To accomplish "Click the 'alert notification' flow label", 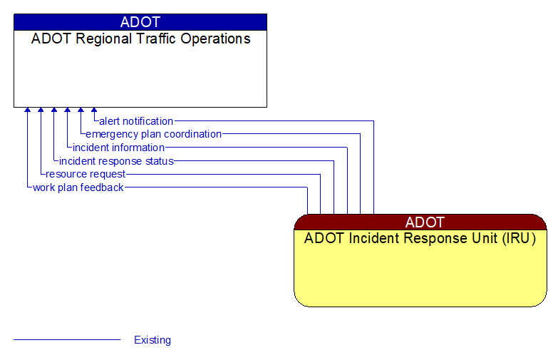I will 136,121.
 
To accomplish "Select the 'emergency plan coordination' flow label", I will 153,134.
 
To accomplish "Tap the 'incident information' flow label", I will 118,148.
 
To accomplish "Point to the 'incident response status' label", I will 116,161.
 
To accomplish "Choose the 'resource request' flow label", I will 86,174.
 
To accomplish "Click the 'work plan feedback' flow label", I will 78,187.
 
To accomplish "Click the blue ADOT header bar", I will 140,22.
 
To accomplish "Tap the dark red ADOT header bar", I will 420,222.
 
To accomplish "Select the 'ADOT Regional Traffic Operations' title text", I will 140,39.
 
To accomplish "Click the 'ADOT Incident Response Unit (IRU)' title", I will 420,239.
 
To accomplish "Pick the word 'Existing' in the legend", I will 153,340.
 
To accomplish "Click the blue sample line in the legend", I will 67,340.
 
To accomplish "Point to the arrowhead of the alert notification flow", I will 94,111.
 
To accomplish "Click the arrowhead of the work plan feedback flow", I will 27,111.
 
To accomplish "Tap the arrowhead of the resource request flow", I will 41,111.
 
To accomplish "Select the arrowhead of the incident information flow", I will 67,111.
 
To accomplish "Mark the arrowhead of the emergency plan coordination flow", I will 81,111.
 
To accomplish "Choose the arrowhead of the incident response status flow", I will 54,111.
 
